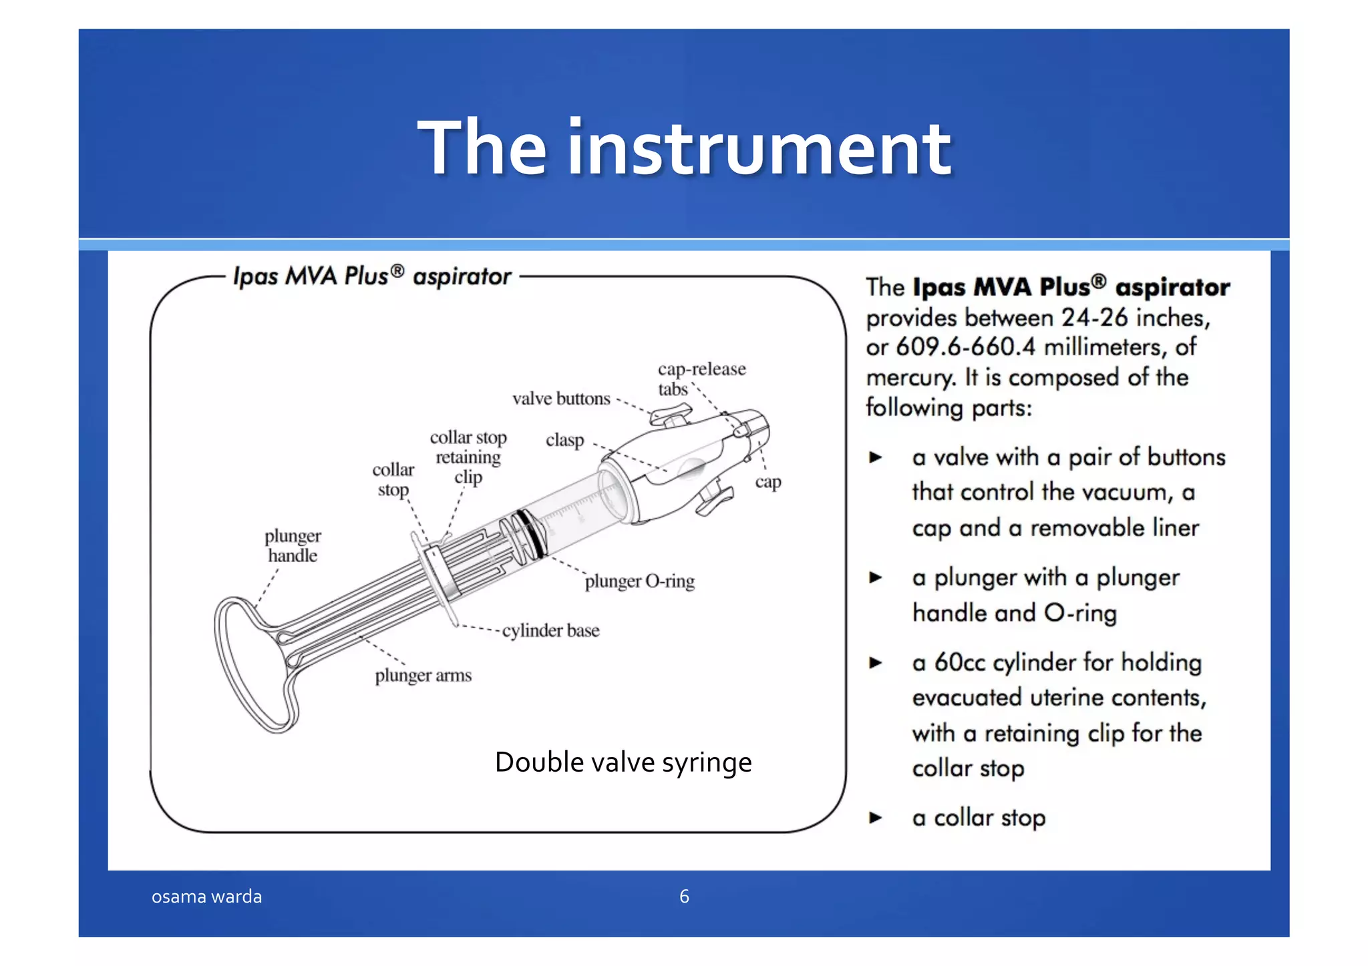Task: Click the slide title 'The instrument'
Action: (x=684, y=148)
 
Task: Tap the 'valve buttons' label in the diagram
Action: (x=561, y=399)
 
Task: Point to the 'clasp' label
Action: (x=564, y=441)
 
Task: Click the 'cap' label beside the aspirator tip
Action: (x=768, y=482)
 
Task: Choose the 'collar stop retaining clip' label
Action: (x=468, y=457)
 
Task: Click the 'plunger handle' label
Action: (x=293, y=545)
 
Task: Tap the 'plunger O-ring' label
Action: (x=639, y=581)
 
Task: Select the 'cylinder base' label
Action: (x=550, y=631)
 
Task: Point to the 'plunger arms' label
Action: (x=423, y=676)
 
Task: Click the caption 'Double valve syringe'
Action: (x=623, y=762)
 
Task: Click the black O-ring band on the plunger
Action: (x=532, y=533)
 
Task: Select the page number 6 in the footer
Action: (x=684, y=897)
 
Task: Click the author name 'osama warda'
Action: (x=206, y=897)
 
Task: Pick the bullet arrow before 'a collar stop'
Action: (x=876, y=818)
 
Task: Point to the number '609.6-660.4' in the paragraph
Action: (x=965, y=347)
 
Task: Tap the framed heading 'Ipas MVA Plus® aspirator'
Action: (x=372, y=276)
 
